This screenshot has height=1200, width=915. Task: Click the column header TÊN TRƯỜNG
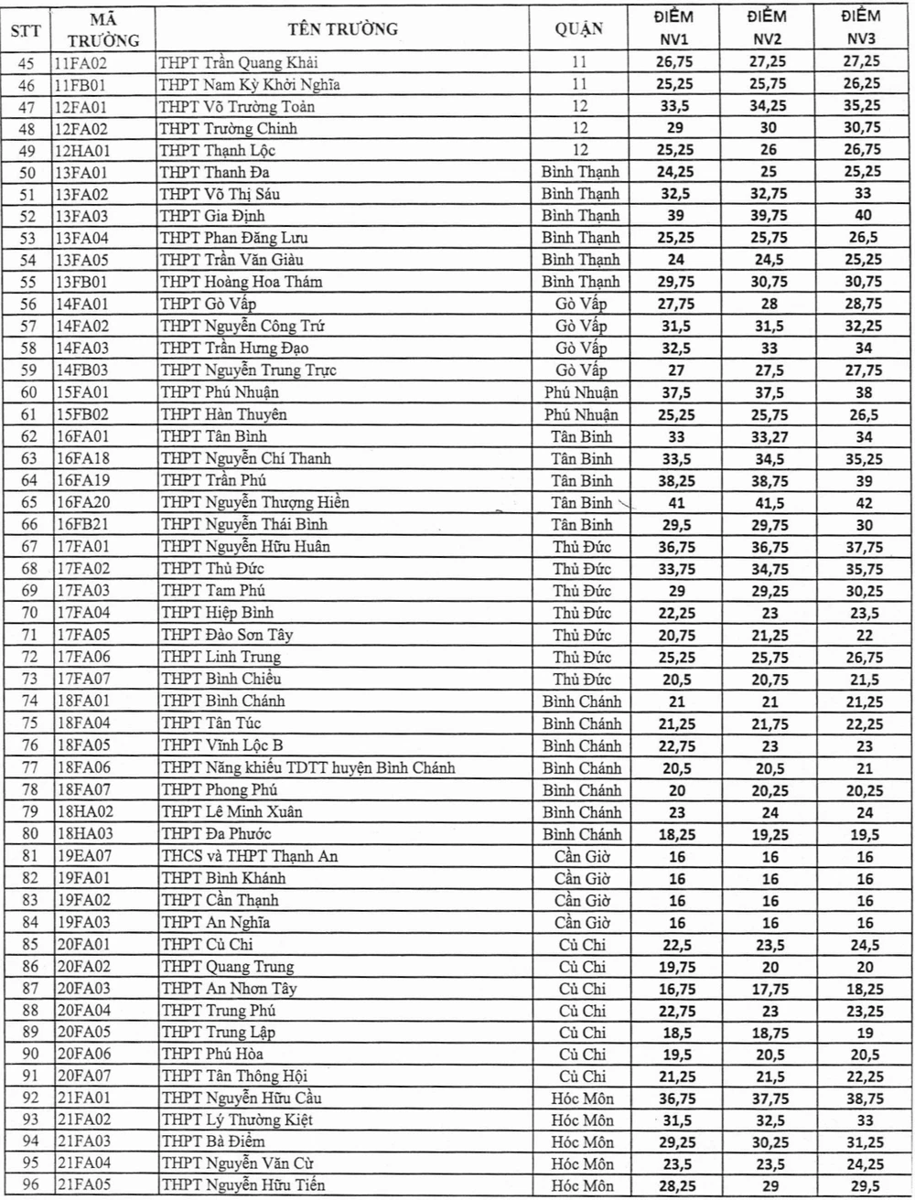tap(342, 29)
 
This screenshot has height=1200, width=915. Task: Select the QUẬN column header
tap(579, 29)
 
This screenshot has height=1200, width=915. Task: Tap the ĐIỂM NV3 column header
tap(860, 27)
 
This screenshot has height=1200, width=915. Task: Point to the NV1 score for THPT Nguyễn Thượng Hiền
tap(675, 503)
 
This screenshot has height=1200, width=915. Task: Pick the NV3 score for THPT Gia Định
tap(860, 216)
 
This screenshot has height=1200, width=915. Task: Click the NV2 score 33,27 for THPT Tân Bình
tap(769, 437)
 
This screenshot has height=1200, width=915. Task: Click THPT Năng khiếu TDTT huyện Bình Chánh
tap(308, 767)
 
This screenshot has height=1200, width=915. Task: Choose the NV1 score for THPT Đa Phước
tap(675, 835)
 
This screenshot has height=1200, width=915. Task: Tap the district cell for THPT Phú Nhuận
tap(581, 392)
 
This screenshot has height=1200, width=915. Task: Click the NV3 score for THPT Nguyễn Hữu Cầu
tap(860, 1098)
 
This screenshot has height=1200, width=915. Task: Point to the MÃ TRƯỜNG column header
tap(103, 29)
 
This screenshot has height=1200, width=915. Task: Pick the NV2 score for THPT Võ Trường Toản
tap(769, 106)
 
